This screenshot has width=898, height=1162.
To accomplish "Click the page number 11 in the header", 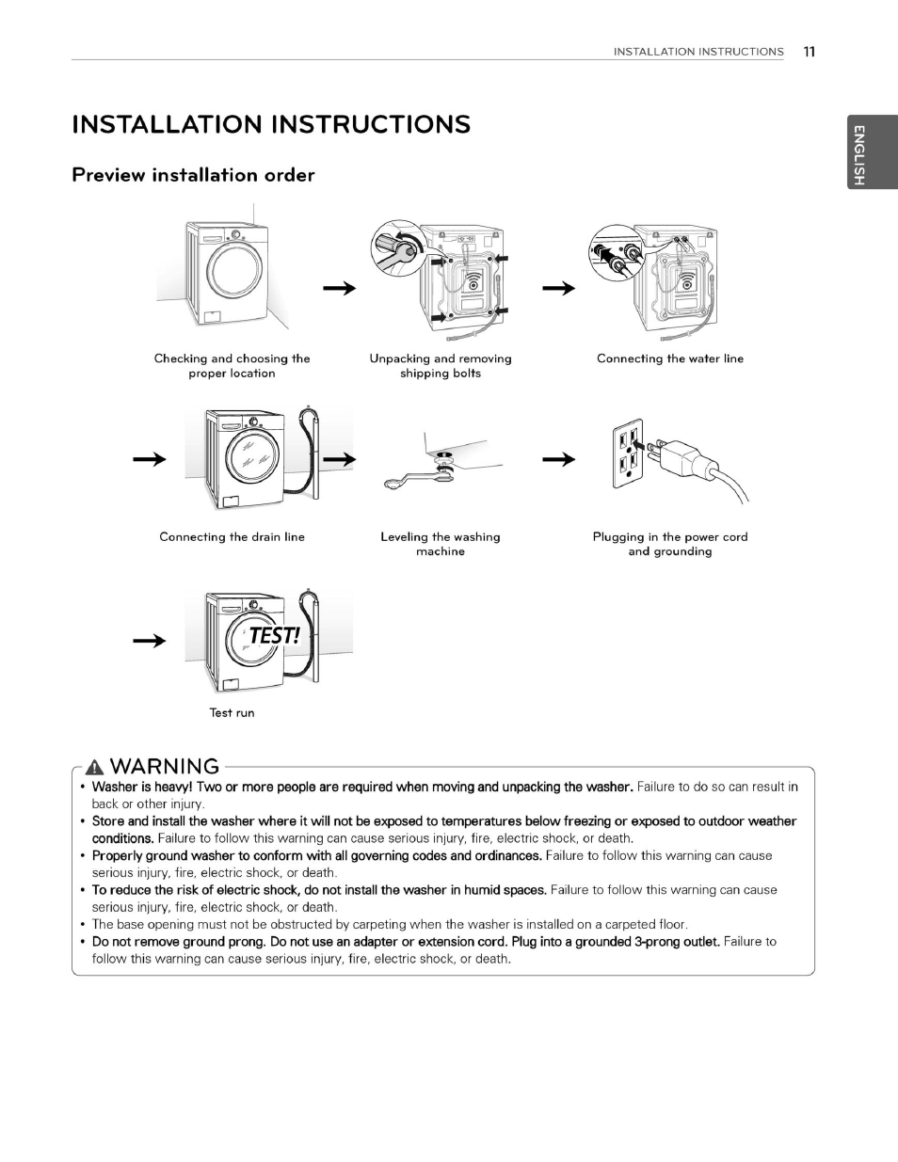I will point(809,52).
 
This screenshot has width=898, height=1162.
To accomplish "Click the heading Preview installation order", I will point(193,175).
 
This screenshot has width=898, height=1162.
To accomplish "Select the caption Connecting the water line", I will point(669,358).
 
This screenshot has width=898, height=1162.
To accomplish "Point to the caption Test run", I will point(232,713).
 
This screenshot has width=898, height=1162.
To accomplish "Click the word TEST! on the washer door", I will point(273,636).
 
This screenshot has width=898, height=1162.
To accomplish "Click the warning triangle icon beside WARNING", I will point(94,767).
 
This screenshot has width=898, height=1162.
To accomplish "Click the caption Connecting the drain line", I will point(232,537).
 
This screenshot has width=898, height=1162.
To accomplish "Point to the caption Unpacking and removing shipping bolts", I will point(440,366).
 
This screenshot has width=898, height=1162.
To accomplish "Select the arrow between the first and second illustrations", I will point(339,288).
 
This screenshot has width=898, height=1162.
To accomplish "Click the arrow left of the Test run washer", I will point(149,641).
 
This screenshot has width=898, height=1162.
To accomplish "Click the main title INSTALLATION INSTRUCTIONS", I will point(271,125).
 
